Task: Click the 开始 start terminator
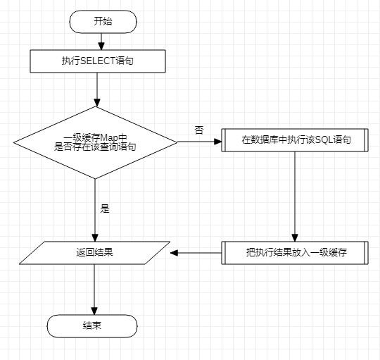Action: pos(103,21)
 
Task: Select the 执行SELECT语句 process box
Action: pos(98,62)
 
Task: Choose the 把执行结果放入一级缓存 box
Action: pos(294,252)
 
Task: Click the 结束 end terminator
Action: pos(92,325)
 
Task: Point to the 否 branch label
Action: pos(199,130)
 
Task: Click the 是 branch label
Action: pos(106,209)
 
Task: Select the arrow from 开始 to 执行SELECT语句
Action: pos(98,41)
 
